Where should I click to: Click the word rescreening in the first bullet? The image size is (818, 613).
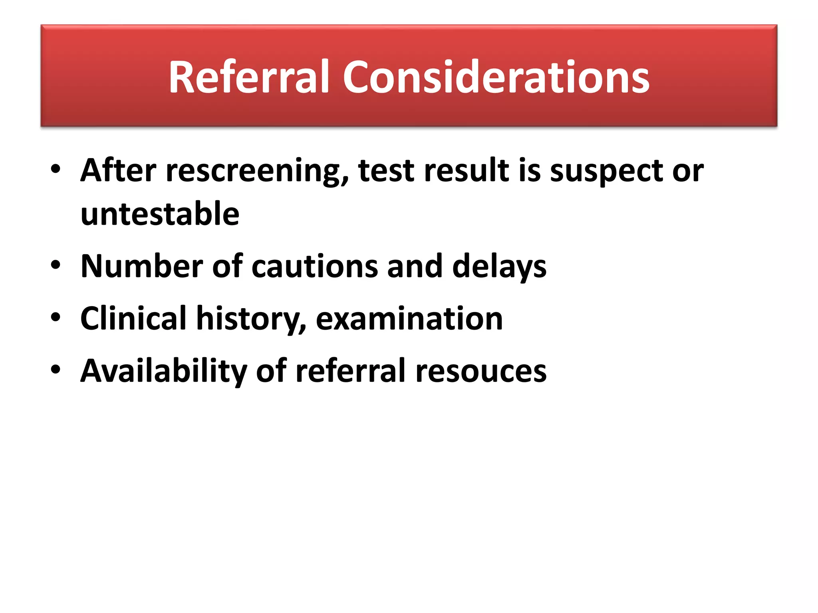[x=257, y=171]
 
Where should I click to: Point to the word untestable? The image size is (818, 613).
[x=160, y=214]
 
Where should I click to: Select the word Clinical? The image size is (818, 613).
[x=133, y=318]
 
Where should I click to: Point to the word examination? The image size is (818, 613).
[x=409, y=318]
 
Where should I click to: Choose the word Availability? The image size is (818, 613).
[x=164, y=371]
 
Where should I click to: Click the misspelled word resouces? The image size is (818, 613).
[x=481, y=371]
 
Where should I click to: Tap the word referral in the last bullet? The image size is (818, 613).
[x=351, y=371]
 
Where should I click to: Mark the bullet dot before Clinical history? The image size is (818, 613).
[x=56, y=317]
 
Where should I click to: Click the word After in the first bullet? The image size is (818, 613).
[x=118, y=171]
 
